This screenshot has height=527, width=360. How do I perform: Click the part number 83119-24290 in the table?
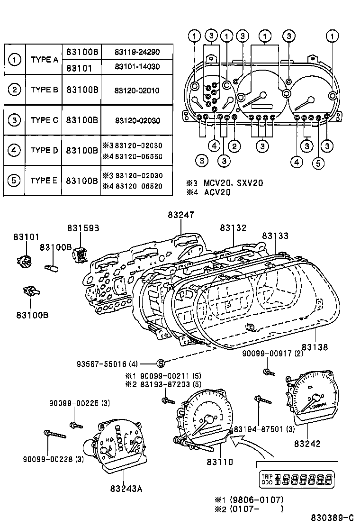coord(136,52)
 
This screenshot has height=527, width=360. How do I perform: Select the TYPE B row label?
coord(44,90)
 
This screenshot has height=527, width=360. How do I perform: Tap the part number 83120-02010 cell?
coord(136,90)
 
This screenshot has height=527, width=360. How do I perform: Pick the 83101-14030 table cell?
coord(136,67)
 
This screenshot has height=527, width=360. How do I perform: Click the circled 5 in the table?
coord(14,181)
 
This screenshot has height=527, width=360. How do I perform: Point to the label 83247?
coord(180,215)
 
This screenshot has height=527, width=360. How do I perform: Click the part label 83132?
coord(233,228)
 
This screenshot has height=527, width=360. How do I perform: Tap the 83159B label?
coord(82,228)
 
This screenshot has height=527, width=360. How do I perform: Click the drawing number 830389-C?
coord(332,517)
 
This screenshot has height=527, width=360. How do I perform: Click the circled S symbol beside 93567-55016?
coord(161,363)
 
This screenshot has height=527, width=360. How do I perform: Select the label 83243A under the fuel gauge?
coord(126,488)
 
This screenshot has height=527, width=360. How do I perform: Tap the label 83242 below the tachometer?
coord(306,444)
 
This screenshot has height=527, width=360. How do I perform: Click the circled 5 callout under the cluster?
coord(318,164)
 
